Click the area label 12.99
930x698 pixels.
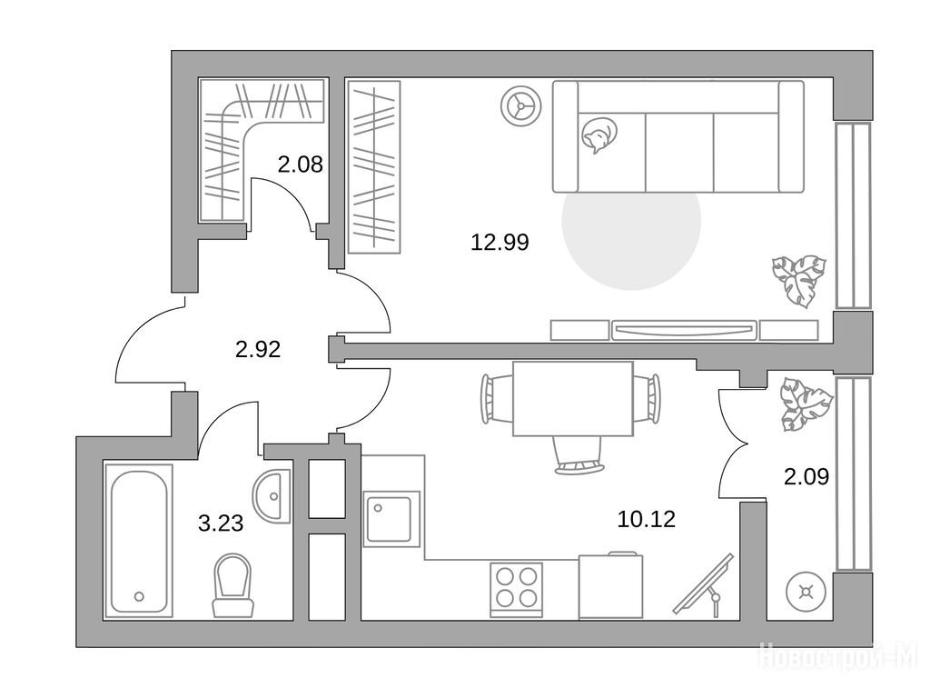[500, 242]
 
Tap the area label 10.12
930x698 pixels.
[647, 520]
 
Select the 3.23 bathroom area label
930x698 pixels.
[221, 523]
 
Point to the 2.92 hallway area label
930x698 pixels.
[257, 349]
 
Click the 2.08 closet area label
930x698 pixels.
[300, 164]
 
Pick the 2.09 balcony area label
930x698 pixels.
[806, 476]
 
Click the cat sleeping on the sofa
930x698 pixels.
[599, 135]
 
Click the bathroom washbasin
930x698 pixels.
[272, 496]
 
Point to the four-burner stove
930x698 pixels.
[517, 589]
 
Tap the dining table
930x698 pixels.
[572, 399]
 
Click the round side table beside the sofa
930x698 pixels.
[520, 107]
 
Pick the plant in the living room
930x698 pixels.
[798, 280]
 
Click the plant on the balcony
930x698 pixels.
[806, 404]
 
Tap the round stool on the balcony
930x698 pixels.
[806, 592]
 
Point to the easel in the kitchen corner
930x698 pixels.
[705, 584]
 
